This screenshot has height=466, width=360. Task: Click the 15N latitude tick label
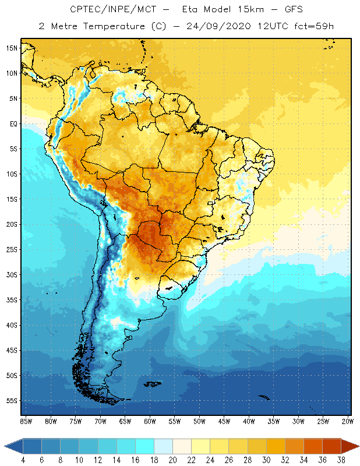click(x=12, y=48)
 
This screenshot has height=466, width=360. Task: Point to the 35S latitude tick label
click(x=12, y=300)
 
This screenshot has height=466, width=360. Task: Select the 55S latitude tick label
click(x=12, y=401)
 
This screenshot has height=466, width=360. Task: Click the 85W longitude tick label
click(x=26, y=421)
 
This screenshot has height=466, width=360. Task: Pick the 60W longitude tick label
click(x=150, y=421)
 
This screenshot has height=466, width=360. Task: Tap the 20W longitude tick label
click(x=348, y=421)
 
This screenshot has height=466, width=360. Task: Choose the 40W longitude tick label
click(x=249, y=421)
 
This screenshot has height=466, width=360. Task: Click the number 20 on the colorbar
click(x=172, y=460)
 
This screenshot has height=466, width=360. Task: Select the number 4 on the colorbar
click(x=23, y=460)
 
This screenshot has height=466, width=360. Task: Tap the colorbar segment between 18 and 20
click(x=163, y=446)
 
